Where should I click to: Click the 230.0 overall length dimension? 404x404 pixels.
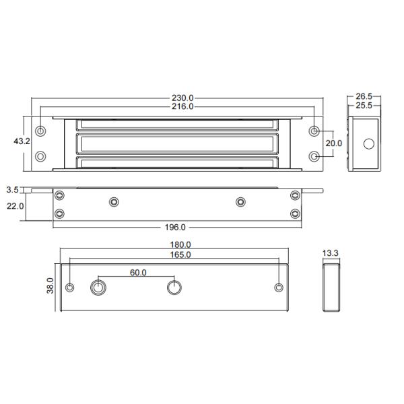(x=182, y=98)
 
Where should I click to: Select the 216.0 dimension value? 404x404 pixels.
(x=182, y=106)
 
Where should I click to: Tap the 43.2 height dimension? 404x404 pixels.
(x=22, y=141)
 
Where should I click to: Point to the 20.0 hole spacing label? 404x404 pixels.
(x=335, y=143)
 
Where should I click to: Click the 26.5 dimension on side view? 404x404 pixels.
(x=364, y=97)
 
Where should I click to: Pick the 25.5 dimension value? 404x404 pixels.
(x=364, y=106)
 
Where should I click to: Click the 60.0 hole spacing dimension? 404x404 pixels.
(x=137, y=273)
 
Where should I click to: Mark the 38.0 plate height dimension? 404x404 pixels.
(x=49, y=288)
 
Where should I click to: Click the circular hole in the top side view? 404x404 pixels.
(x=368, y=144)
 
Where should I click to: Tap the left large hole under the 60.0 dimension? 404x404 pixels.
(x=98, y=288)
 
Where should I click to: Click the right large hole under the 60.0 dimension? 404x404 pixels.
(x=174, y=288)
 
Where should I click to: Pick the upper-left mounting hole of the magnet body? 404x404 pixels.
(x=41, y=130)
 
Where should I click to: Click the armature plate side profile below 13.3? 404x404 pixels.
(x=331, y=288)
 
